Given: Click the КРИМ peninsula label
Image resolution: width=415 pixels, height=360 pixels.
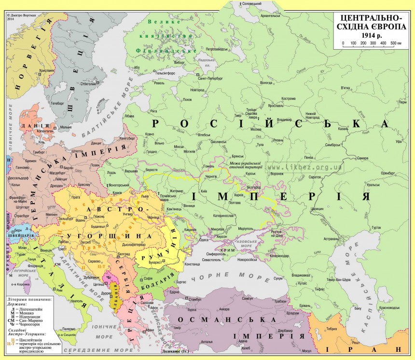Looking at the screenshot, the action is coord(227,250).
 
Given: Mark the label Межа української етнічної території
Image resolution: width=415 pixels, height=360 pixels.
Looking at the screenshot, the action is coord(246,165).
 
